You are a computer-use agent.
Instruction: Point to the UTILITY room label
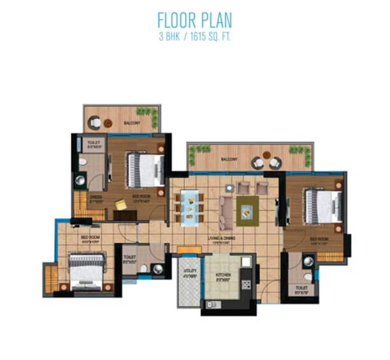pyautogui.click(x=189, y=272)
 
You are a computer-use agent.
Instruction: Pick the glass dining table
pyautogui.click(x=189, y=208)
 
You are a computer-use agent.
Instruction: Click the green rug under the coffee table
pyautogui.click(x=247, y=210)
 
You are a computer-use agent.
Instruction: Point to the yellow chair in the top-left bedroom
pyautogui.click(x=120, y=204)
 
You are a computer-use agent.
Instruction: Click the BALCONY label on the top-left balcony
pyautogui.click(x=131, y=122)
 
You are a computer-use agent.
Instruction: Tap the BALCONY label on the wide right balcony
pyautogui.click(x=228, y=159)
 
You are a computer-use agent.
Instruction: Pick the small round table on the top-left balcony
pyautogui.click(x=108, y=122)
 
